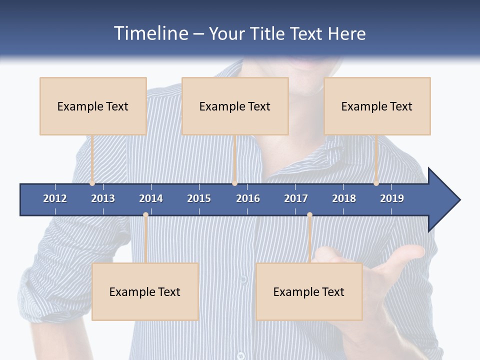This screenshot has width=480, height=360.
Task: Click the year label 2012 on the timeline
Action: point(55,198)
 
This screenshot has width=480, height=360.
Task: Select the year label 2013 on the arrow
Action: point(103,198)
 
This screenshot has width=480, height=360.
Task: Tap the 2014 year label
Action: point(151,198)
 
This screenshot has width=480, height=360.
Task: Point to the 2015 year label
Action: point(199,198)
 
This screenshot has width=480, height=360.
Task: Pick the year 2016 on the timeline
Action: point(248,198)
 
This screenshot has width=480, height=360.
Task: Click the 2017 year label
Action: point(296,198)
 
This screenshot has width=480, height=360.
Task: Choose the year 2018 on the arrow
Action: point(344,198)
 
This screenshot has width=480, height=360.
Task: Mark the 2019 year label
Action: point(392,198)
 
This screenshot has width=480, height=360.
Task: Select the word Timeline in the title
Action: point(150,33)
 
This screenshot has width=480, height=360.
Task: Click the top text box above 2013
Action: point(93,106)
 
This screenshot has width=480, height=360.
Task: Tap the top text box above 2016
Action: point(235,106)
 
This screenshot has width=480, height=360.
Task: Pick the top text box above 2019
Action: point(377,106)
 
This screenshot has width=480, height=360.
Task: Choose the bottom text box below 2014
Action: point(145,291)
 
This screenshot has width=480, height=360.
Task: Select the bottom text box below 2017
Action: point(309,291)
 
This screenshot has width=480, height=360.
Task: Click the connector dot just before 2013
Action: point(92,183)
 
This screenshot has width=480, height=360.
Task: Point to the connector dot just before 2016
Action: point(234,183)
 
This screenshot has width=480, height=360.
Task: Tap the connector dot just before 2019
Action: point(376,183)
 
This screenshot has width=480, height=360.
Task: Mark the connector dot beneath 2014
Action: point(145,215)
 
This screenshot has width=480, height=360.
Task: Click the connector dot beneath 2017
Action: point(309,215)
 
